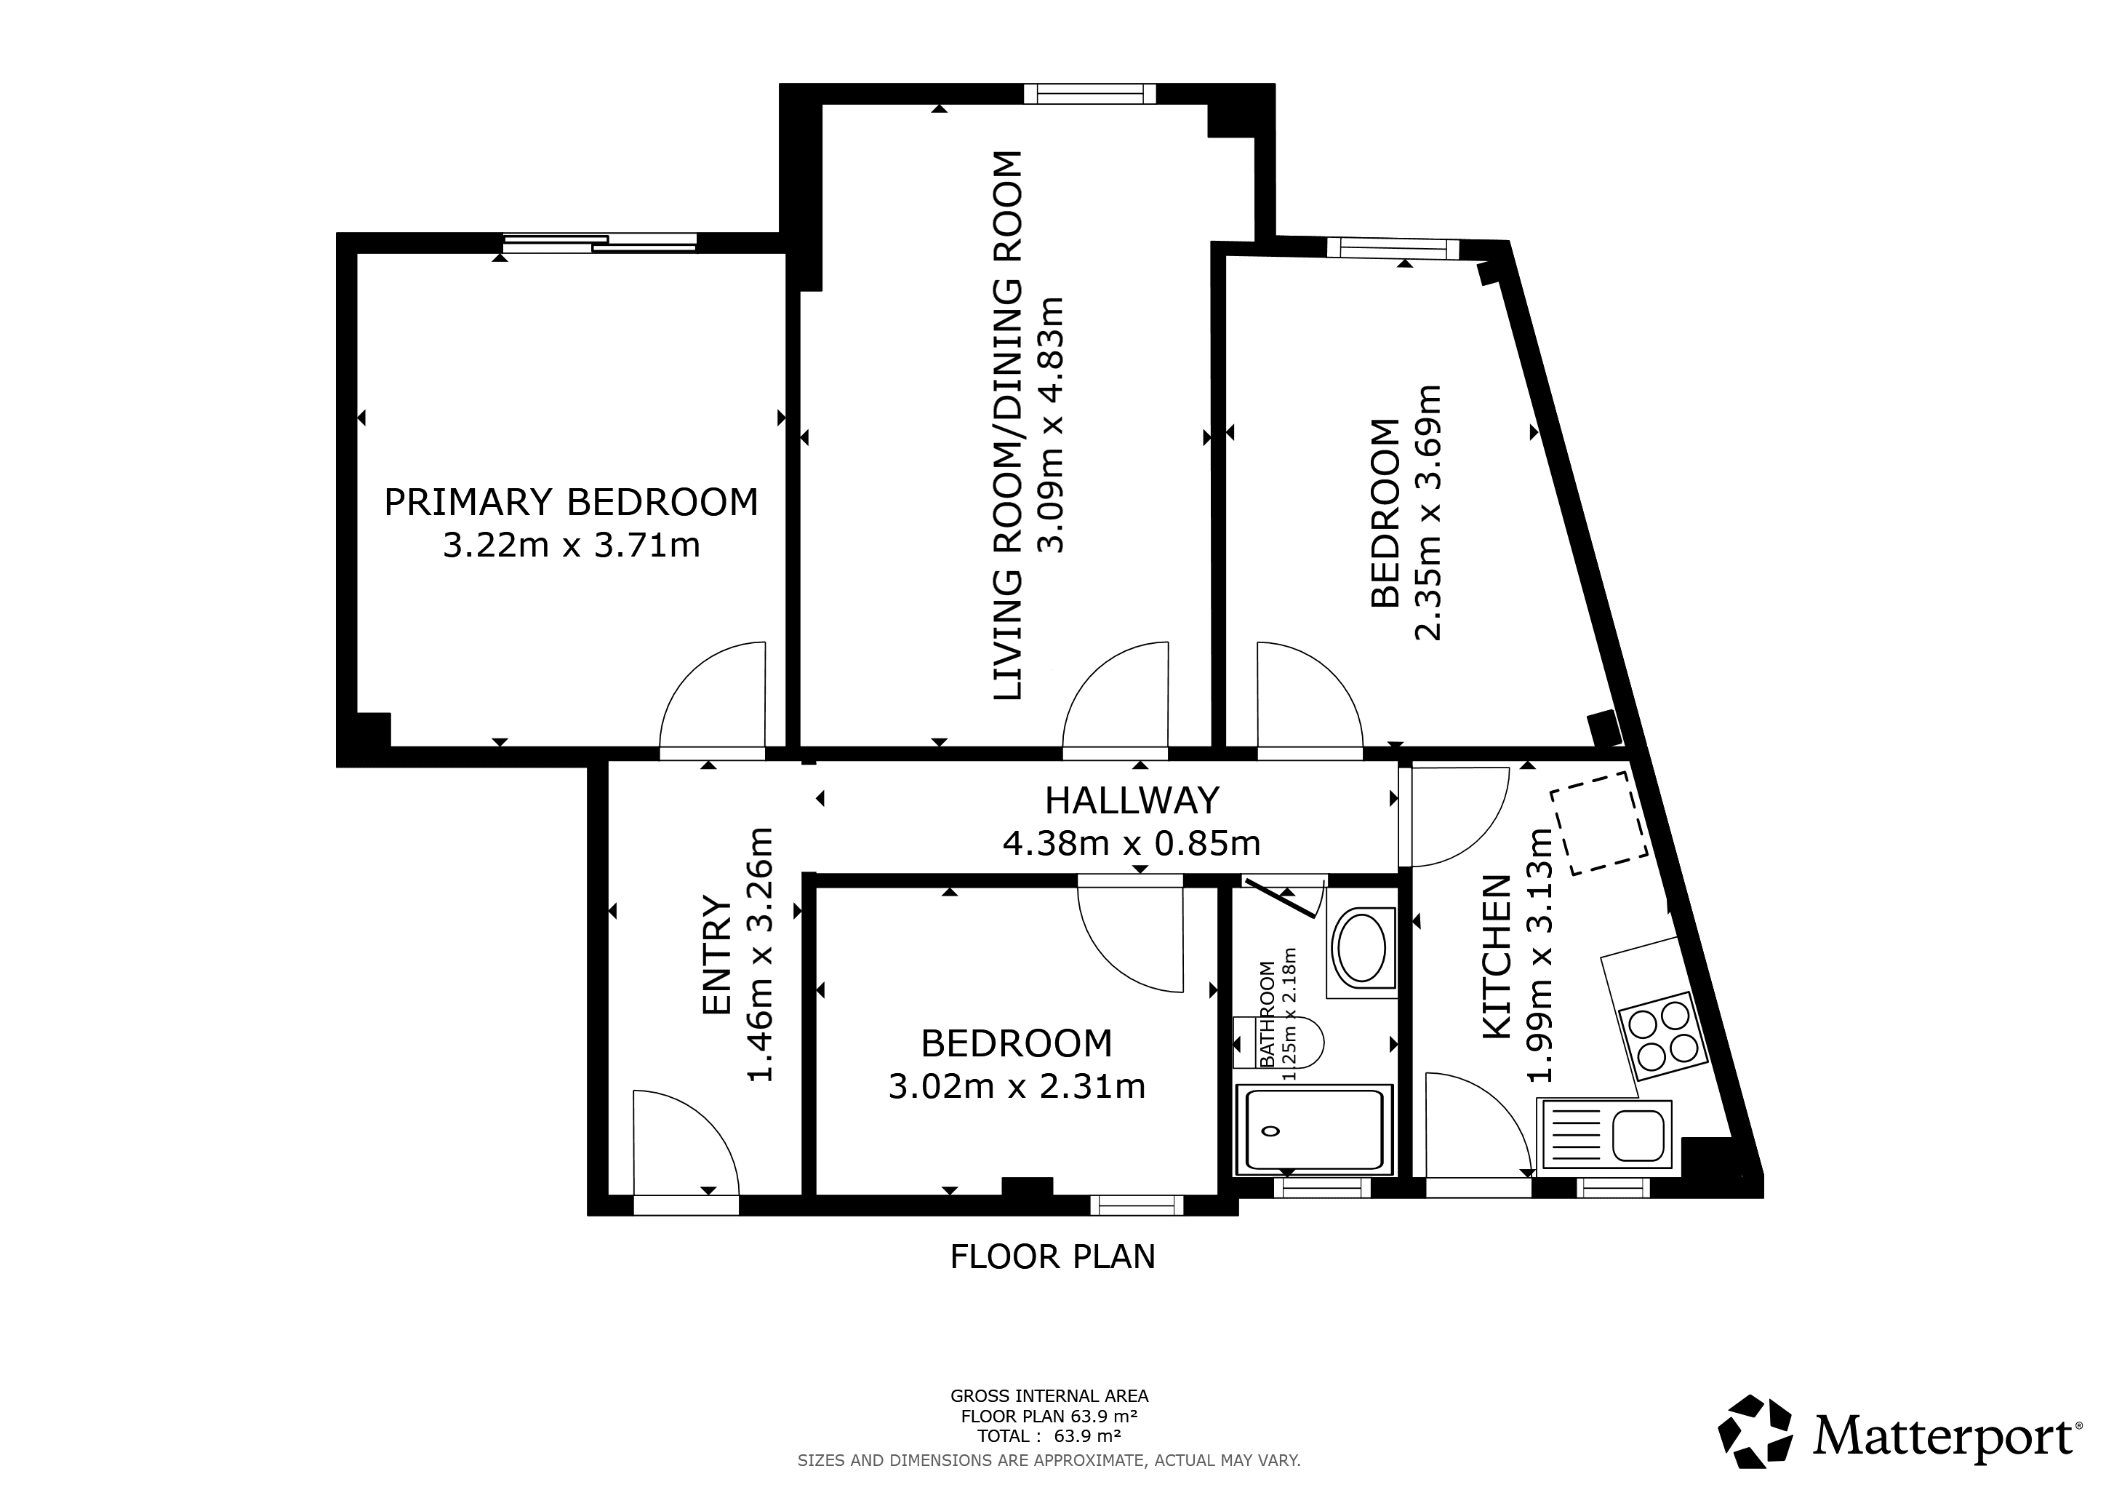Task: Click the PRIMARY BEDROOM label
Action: coord(571,503)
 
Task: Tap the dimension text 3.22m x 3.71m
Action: coord(572,546)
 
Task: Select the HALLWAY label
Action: coord(1132,801)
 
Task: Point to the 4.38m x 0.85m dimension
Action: coord(1131,843)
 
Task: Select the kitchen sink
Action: coord(1608,1136)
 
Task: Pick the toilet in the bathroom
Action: coord(1278,1043)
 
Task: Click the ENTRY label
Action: coord(716,955)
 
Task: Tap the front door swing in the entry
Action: coord(686,1142)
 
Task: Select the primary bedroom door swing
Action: coord(713,695)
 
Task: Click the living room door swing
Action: coord(1116,695)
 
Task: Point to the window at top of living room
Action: coord(1089,94)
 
